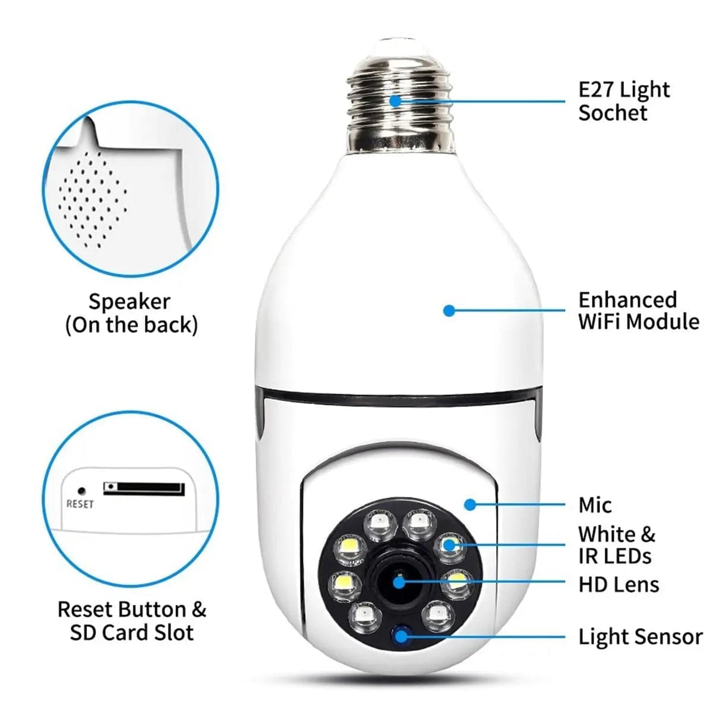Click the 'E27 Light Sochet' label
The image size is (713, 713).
point(623,101)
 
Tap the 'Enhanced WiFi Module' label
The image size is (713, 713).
point(638,310)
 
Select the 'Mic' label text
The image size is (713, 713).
point(595,505)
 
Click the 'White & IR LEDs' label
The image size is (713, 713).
point(616,545)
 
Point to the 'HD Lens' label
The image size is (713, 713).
point(619,585)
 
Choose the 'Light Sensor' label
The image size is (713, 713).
point(640,637)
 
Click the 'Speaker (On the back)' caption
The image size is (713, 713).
point(131,313)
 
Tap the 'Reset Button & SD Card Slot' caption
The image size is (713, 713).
point(131,621)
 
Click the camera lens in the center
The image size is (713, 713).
point(399,581)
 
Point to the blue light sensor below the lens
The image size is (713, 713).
point(402,636)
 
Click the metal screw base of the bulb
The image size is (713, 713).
point(400,101)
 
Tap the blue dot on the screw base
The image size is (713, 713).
point(395,100)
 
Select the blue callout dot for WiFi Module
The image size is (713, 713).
point(449,310)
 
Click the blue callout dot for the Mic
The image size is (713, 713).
point(470,504)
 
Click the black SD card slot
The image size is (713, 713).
point(144,488)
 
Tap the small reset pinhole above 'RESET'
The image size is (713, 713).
point(82,491)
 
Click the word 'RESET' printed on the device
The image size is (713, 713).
point(80,504)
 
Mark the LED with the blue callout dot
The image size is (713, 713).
point(448,544)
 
